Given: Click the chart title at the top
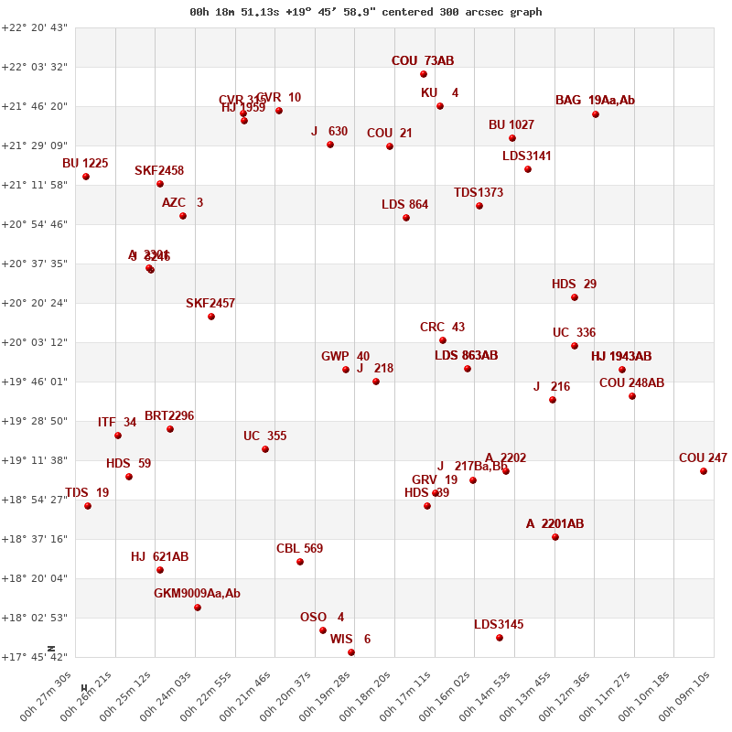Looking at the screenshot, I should coord(365,12).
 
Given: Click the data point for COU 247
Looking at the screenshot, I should coord(704,471).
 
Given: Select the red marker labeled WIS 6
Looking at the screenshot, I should coord(351,652).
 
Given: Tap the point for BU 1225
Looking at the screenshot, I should coord(86,177).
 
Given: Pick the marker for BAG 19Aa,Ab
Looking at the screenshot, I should coord(596,114).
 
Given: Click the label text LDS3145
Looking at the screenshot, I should coord(499,625).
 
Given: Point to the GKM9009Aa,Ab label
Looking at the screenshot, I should coord(197,594).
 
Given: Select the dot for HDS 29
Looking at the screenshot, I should coord(575,297).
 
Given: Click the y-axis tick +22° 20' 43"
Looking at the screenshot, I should coord(36,27).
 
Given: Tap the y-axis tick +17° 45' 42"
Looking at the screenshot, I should coord(36,657).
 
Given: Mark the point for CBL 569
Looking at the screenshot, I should coord(300,562).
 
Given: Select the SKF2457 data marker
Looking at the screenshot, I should coord(211,317).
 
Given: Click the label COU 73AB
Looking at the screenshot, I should coord(423,61).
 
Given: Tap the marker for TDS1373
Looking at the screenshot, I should coord(479,206).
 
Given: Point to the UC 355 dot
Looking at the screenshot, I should coord(265,449).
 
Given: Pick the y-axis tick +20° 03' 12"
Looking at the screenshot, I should coord(36,342).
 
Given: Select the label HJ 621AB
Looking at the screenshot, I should coord(159,556).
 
